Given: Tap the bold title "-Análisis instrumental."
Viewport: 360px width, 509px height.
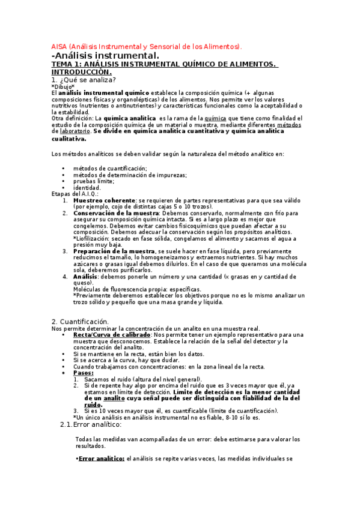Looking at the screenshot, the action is point(108,56).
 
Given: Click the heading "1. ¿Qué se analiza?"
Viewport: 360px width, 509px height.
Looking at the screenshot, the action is point(84,80).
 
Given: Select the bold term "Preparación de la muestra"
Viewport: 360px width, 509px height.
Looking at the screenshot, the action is point(114,250).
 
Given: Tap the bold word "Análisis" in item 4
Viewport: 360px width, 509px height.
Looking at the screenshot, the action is point(85,276).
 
